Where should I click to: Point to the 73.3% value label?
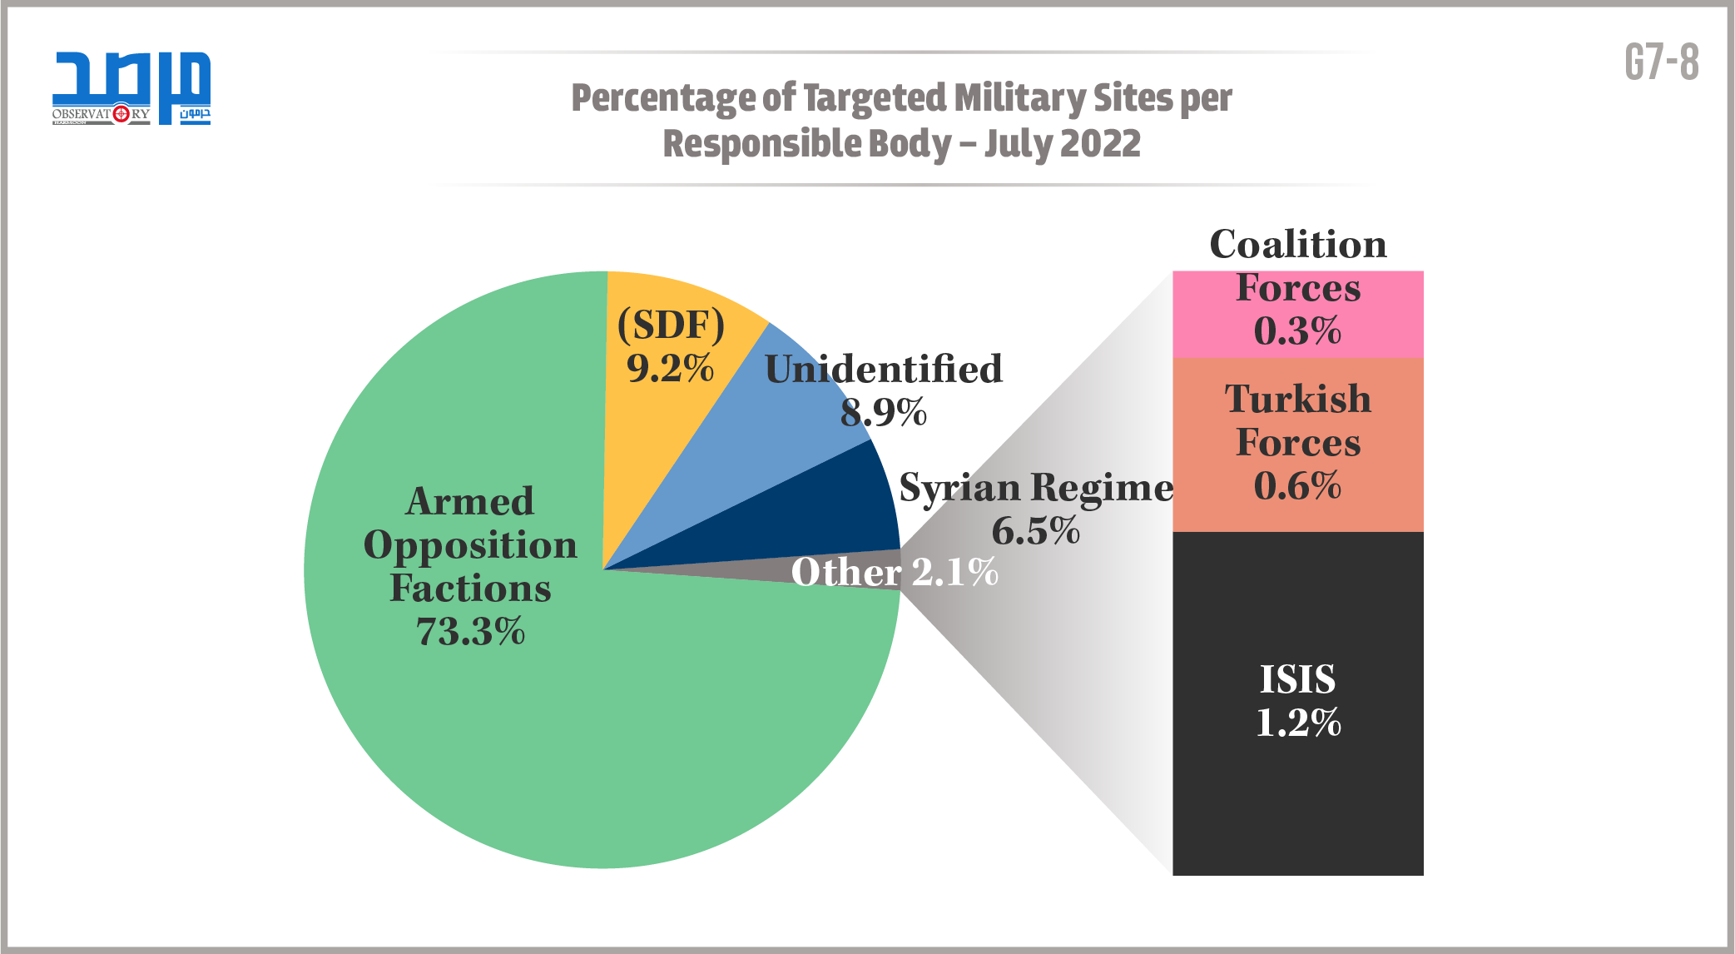pos(470,632)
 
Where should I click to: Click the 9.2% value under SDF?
pos(670,368)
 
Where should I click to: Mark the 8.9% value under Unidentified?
pos(884,412)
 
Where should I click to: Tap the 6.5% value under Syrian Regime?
pos(1036,531)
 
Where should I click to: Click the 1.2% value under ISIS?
pos(1298,723)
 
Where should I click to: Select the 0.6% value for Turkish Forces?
pos(1298,486)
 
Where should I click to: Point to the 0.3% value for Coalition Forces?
pos(1298,331)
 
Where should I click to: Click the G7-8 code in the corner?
pos(1662,62)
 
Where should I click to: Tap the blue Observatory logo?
pos(131,87)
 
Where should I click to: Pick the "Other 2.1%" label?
pos(895,572)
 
